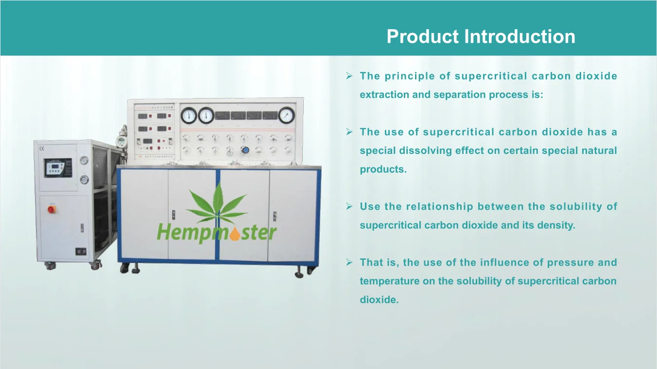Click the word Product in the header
(423, 36)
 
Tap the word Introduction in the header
(519, 36)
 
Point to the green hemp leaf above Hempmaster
(217, 205)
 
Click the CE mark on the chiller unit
(42, 149)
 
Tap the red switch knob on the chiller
(52, 209)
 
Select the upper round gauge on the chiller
(84, 161)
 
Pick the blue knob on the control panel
(245, 151)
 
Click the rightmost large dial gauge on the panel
(286, 115)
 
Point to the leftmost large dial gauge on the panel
(189, 116)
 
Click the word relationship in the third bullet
(440, 207)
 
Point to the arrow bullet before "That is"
(349, 262)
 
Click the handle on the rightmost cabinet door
(275, 216)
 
